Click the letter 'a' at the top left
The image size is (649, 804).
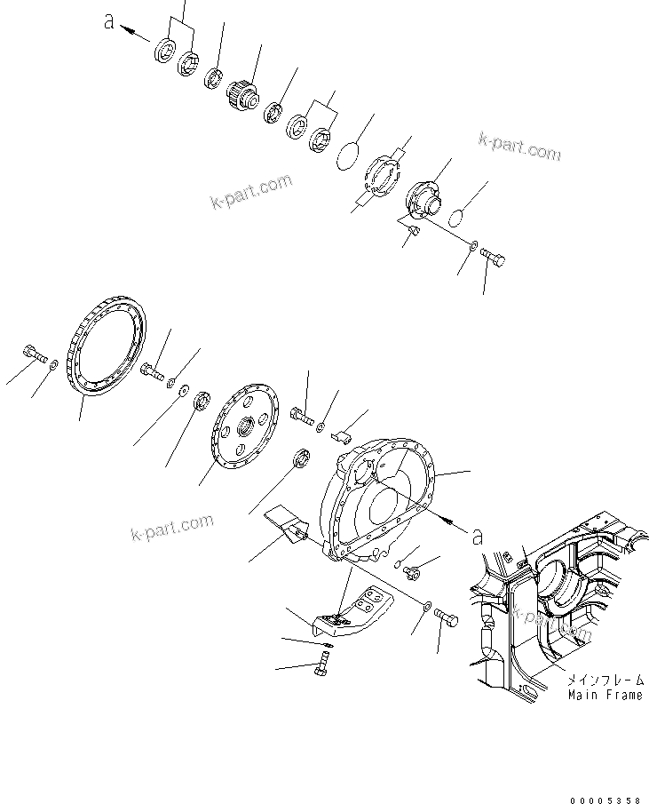(x=109, y=24)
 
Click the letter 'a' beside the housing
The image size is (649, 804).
(x=477, y=536)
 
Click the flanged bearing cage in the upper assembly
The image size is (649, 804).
(x=425, y=197)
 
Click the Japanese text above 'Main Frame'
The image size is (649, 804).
(x=605, y=679)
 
